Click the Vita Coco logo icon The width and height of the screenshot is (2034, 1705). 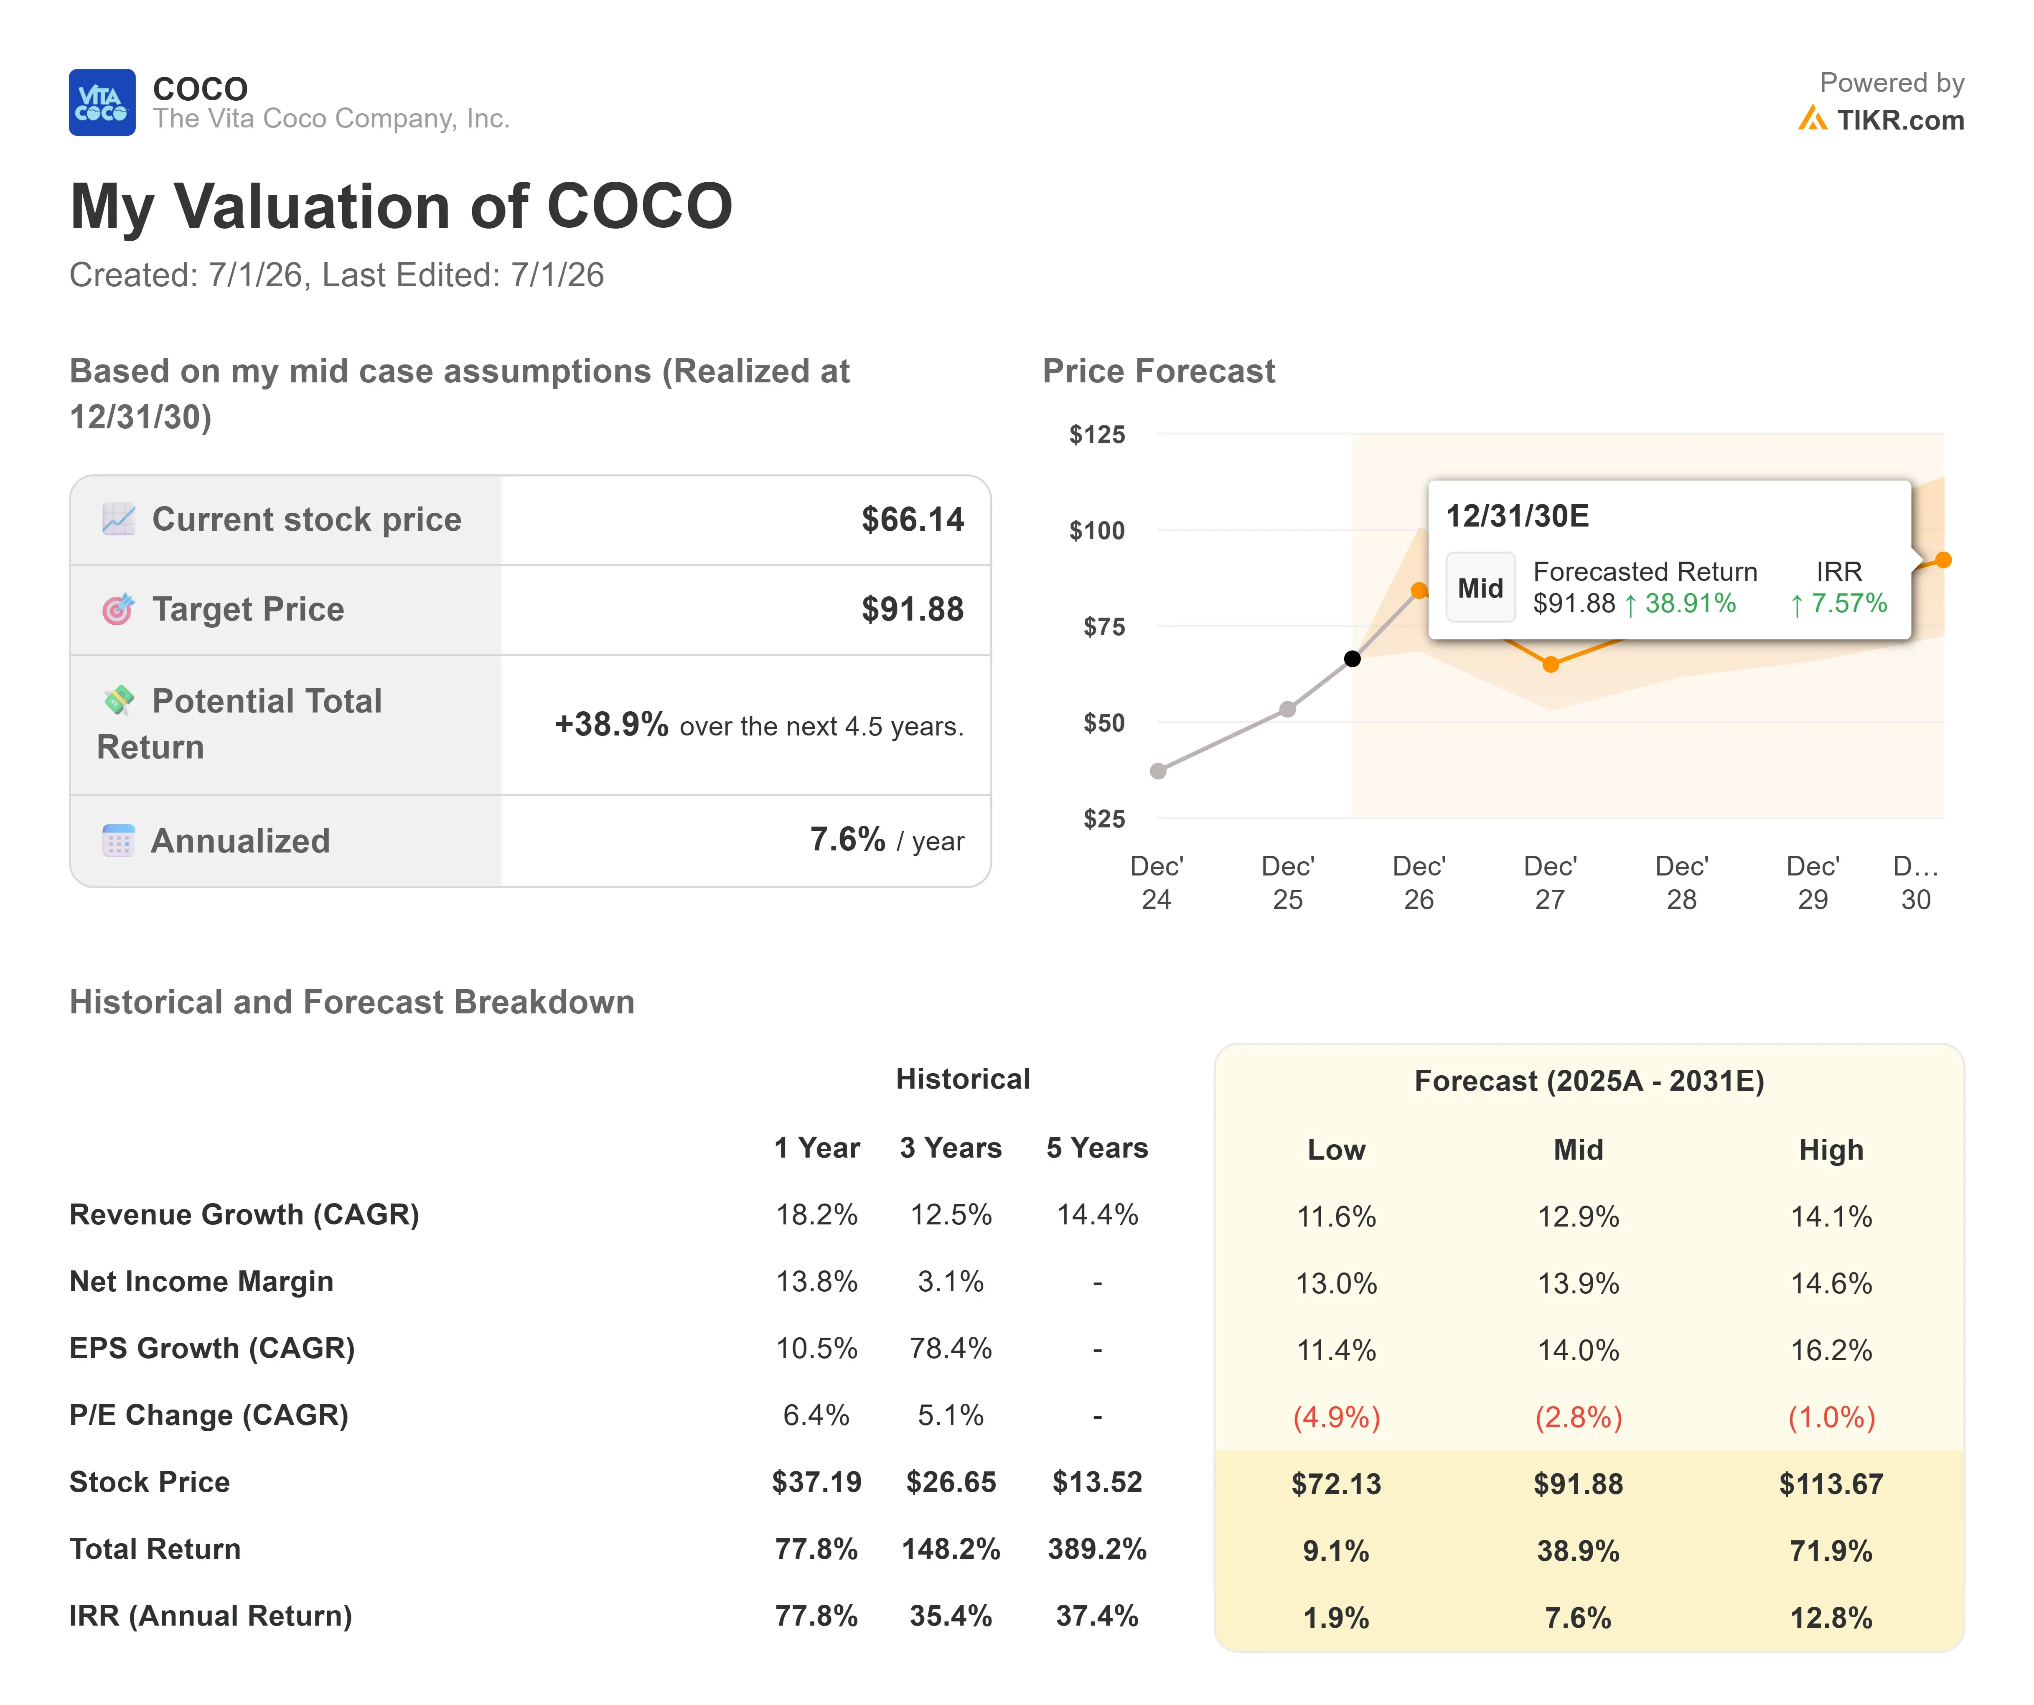pos(102,103)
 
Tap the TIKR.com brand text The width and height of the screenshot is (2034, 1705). pos(1900,120)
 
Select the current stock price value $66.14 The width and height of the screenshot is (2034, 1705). pos(913,519)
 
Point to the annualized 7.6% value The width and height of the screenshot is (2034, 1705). pos(847,839)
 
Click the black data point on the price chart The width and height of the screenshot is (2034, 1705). pos(1352,659)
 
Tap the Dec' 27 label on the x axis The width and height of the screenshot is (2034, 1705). pos(1550,883)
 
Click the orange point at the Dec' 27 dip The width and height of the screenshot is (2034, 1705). pos(1551,664)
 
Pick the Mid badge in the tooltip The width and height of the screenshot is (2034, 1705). pos(1480,588)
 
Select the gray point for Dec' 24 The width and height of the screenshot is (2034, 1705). pos(1157,771)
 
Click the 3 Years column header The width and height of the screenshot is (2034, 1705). pos(950,1148)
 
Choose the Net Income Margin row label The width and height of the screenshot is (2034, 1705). pos(201,1282)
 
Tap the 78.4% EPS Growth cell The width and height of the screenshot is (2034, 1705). pos(950,1349)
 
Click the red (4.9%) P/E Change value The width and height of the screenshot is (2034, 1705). pos(1337,1417)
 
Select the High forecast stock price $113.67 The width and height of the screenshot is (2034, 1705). pos(1831,1484)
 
